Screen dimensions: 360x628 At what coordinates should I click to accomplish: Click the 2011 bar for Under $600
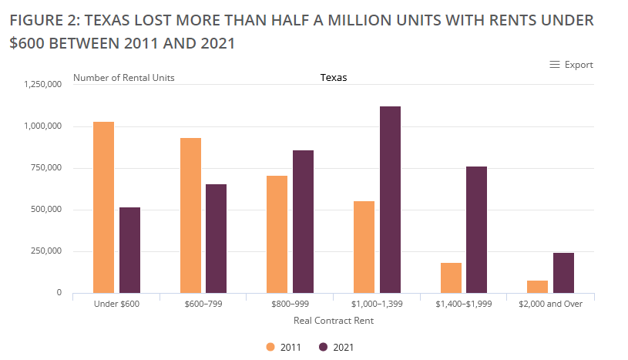pyautogui.click(x=103, y=207)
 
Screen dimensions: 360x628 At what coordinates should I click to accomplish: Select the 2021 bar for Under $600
pyautogui.click(x=129, y=250)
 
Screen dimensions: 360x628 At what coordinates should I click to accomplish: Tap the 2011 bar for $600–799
pyautogui.click(x=190, y=215)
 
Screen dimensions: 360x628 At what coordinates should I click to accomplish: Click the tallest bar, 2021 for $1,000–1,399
pyautogui.click(x=390, y=200)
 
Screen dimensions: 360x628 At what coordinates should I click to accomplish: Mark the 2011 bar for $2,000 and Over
pyautogui.click(x=538, y=286)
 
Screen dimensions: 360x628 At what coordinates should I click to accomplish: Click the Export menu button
pyautogui.click(x=571, y=65)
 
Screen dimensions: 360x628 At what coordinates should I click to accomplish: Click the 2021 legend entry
pyautogui.click(x=336, y=347)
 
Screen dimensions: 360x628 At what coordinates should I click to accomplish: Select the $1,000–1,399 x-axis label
pyautogui.click(x=376, y=304)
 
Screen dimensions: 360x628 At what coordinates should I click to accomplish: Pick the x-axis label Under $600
pyautogui.click(x=116, y=304)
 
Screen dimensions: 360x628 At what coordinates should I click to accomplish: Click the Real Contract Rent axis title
pyautogui.click(x=334, y=320)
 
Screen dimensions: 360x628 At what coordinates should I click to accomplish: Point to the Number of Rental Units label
pyautogui.click(x=123, y=77)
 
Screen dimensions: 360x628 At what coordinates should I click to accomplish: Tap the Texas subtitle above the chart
pyautogui.click(x=334, y=77)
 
